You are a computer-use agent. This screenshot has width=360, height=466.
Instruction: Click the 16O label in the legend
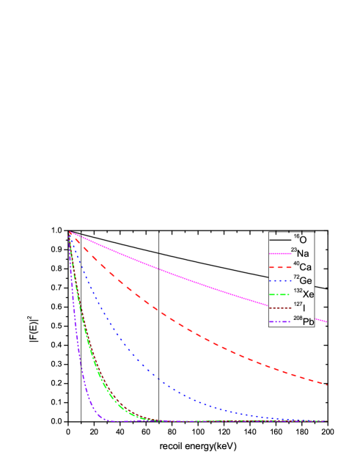300,239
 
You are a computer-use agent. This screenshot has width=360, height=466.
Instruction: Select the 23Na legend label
300,253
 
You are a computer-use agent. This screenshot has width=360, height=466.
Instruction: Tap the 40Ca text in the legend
300,267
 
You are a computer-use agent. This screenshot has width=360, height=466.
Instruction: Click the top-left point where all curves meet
70,232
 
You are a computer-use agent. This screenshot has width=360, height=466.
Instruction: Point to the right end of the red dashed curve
326,384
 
